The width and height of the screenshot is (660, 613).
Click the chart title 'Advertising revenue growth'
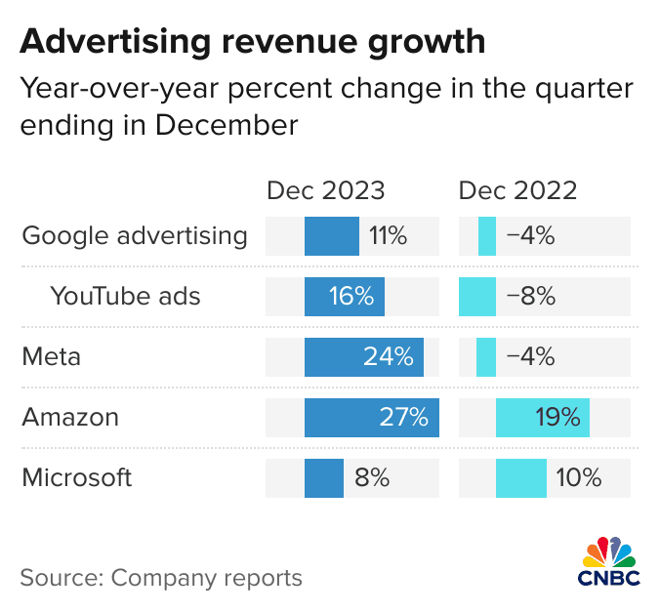tap(252, 42)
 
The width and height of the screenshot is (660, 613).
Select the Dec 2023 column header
tap(326, 190)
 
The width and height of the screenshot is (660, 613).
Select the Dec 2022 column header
tap(517, 190)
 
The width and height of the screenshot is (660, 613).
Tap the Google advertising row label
tap(135, 235)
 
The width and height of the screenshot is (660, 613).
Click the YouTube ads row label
tap(125, 296)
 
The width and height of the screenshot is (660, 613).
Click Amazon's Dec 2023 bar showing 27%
tap(371, 418)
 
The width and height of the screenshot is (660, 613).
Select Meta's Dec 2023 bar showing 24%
tap(363, 357)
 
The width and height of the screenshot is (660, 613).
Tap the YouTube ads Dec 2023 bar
tap(344, 297)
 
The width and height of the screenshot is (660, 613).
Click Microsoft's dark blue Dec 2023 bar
tap(323, 478)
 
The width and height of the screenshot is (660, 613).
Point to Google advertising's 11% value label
tap(388, 235)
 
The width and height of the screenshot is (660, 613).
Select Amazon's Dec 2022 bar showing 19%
tap(542, 418)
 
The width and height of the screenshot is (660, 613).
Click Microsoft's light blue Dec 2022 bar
tap(520, 478)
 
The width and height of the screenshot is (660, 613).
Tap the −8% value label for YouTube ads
tap(530, 297)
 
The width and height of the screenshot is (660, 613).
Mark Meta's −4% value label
tap(530, 357)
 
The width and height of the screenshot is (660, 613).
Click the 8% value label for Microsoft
tap(372, 478)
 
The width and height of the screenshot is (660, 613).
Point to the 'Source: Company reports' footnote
tap(161, 577)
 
